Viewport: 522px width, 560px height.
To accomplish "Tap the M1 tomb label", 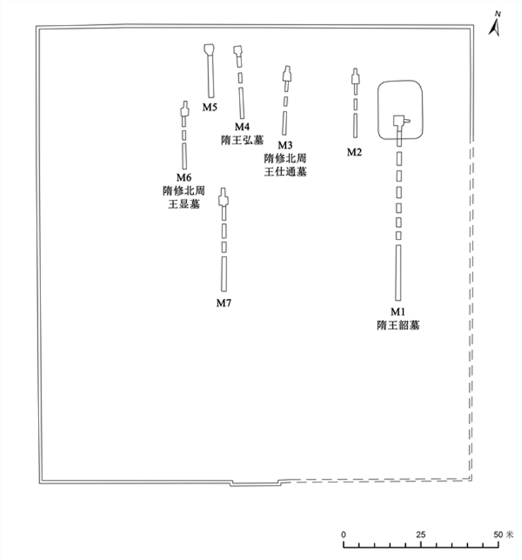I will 397,311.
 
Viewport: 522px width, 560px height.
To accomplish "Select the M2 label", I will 354,152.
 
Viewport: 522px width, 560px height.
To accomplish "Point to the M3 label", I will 285,145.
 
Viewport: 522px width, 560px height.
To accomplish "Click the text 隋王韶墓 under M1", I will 397,324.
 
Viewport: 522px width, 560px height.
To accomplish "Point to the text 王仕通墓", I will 285,172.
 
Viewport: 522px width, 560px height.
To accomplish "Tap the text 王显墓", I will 183,204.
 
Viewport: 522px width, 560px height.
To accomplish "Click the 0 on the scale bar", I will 344,535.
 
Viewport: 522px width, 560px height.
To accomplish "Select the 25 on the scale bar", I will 421,535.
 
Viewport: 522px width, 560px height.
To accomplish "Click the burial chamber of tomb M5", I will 209,50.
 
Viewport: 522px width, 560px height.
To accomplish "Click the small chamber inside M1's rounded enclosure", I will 398,120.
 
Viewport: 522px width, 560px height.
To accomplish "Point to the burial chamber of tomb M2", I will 355,79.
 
